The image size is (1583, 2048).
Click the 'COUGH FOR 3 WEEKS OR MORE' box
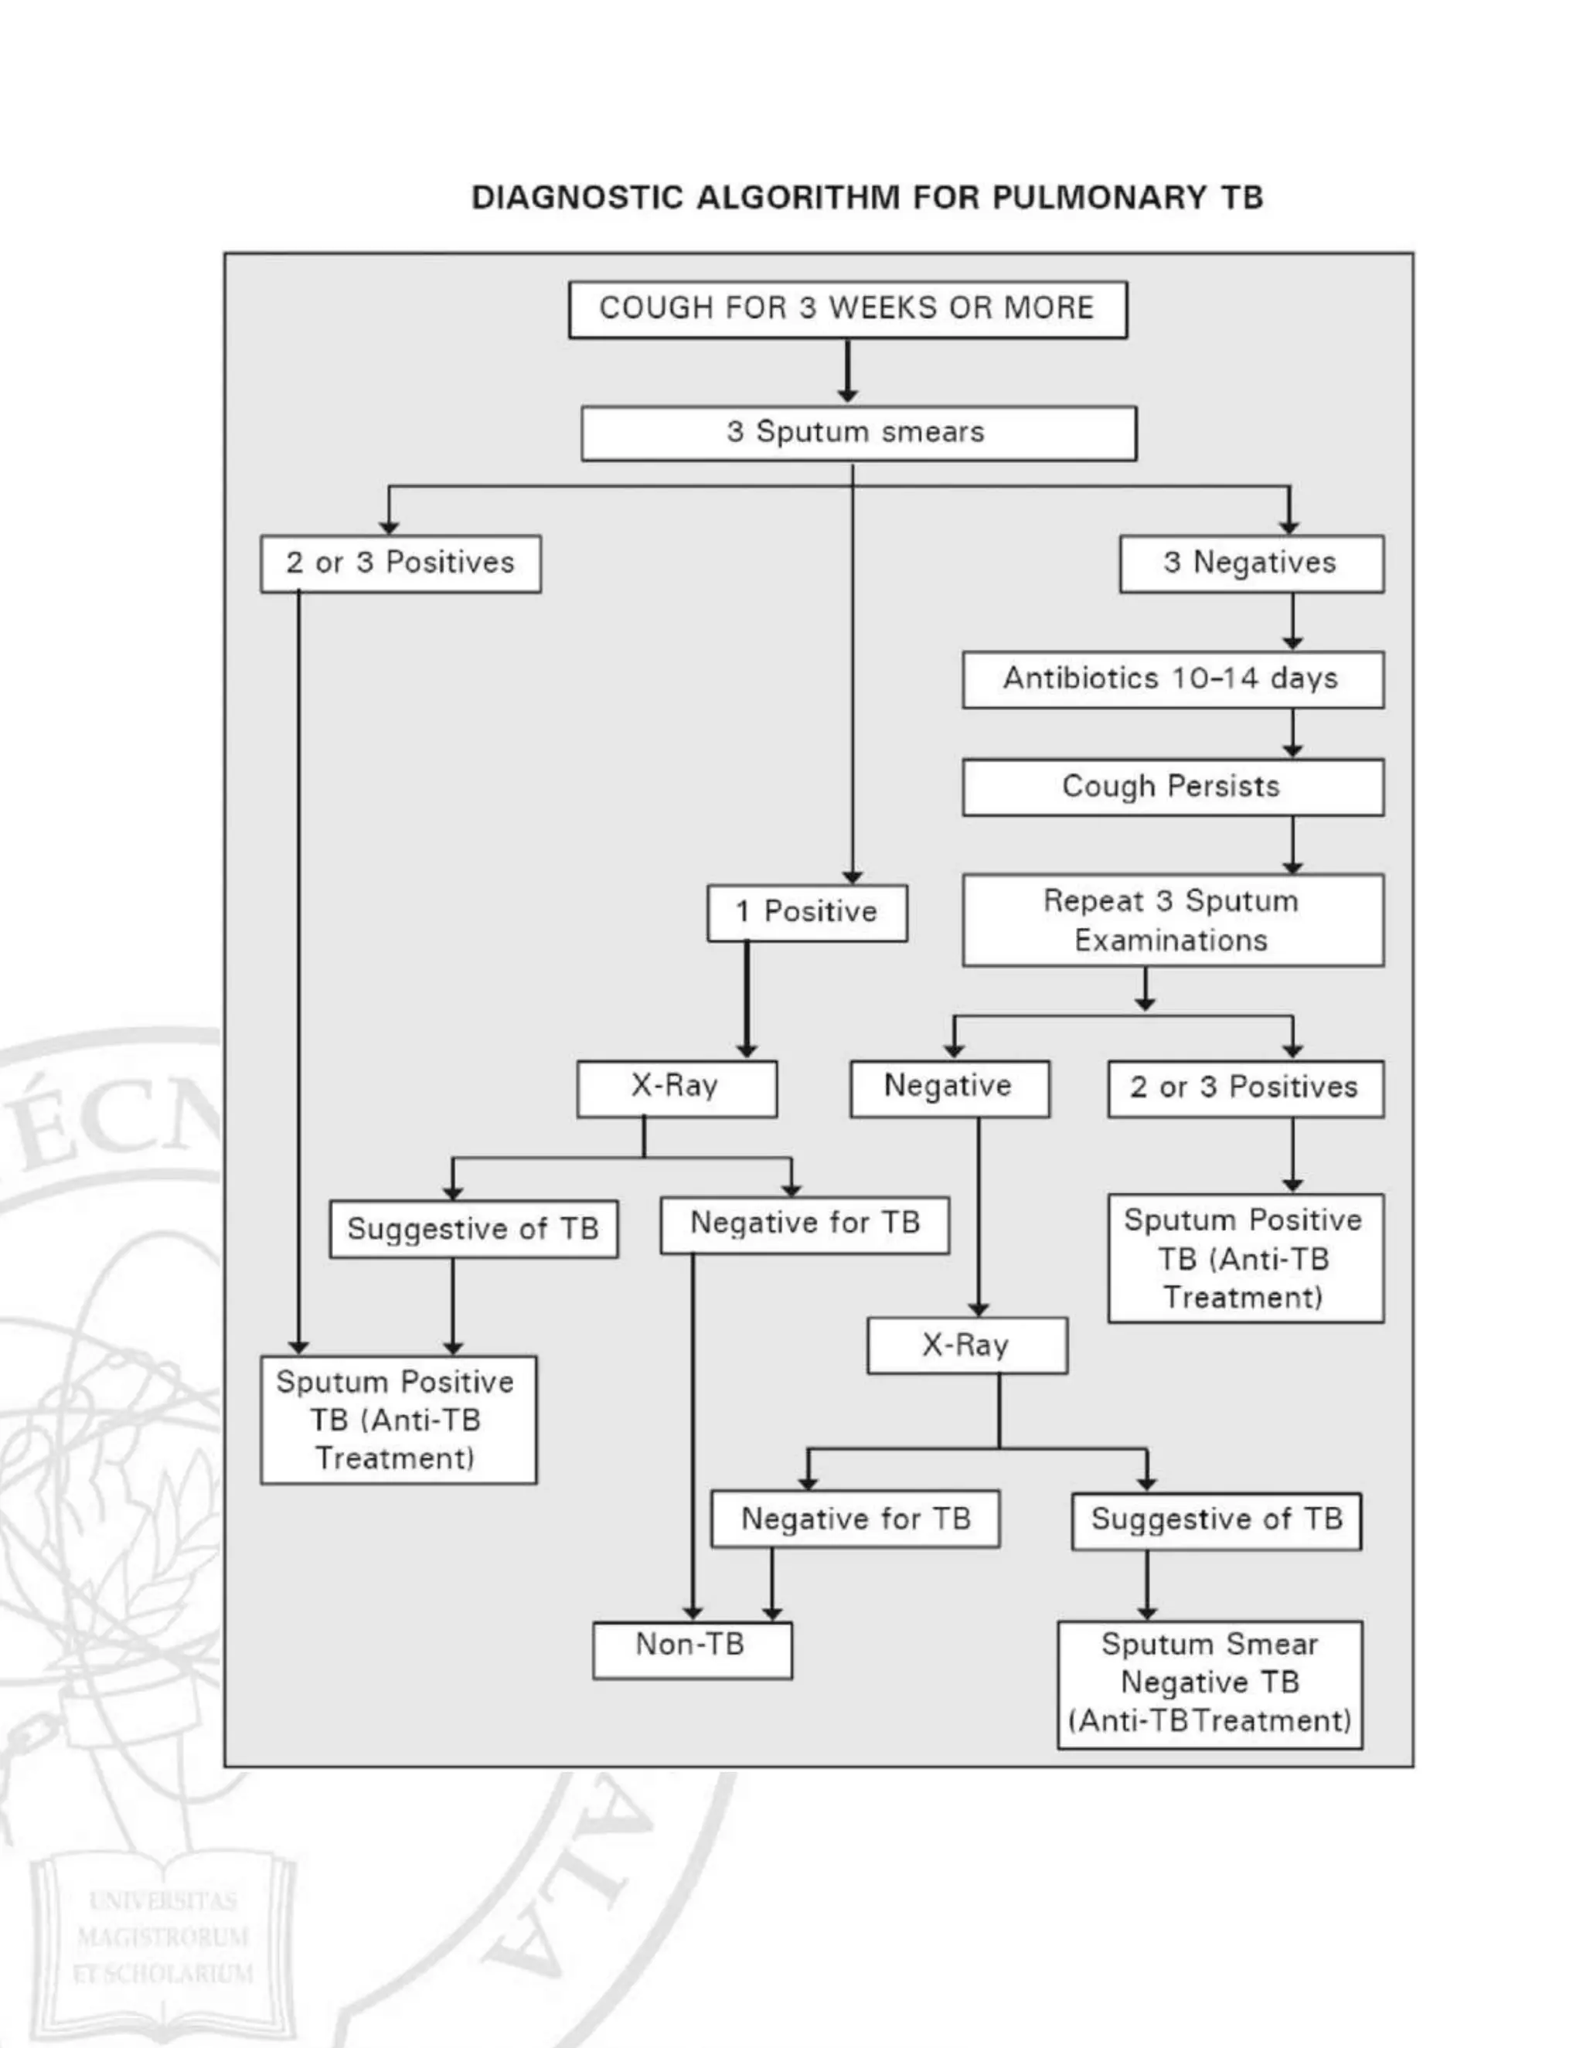(x=847, y=309)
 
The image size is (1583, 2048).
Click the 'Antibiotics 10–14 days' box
(x=1173, y=679)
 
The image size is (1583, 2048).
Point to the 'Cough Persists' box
(x=1173, y=787)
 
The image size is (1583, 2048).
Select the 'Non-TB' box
(x=692, y=1651)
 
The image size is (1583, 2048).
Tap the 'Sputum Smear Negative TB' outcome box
(x=1210, y=1684)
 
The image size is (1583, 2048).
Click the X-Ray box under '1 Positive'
(x=676, y=1088)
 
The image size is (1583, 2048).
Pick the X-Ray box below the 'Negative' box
(x=967, y=1345)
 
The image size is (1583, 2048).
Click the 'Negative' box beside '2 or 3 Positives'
(x=949, y=1088)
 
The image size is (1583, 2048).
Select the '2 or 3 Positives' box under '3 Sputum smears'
(x=400, y=563)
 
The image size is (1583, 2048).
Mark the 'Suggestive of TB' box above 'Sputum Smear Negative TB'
(x=1217, y=1521)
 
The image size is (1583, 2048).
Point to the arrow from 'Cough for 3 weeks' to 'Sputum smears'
(x=848, y=371)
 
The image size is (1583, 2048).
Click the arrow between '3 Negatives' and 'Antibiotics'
(x=1292, y=621)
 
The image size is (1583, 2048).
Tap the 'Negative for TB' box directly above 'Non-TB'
(x=856, y=1519)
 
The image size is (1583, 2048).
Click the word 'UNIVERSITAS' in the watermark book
(x=163, y=1901)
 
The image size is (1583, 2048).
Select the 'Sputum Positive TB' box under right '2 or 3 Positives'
(x=1244, y=1258)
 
